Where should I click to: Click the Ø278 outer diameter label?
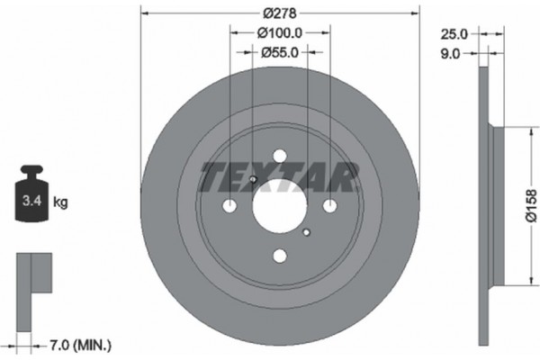click(280, 13)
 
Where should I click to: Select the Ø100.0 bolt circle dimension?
click(280, 32)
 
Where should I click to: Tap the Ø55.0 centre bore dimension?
click(280, 52)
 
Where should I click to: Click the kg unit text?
click(60, 202)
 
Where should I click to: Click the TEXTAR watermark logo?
click(279, 177)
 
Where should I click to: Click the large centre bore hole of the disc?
click(280, 205)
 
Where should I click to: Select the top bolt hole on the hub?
click(280, 155)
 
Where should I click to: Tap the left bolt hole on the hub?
click(229, 205)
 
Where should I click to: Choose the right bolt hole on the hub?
click(330, 205)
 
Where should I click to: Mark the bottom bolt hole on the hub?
click(280, 256)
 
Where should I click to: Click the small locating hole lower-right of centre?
click(307, 233)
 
